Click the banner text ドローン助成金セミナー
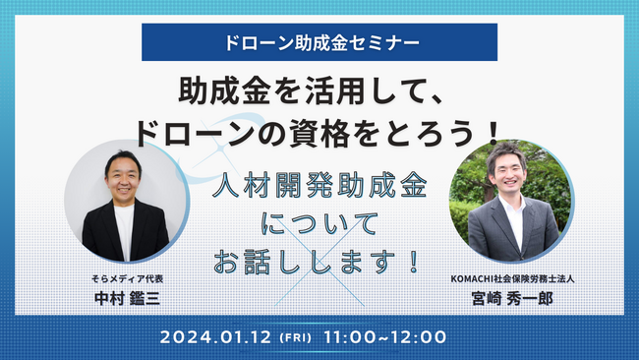tap(319, 42)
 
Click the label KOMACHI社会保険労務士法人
tap(512, 278)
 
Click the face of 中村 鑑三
tap(123, 177)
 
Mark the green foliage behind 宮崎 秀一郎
tap(551, 177)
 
